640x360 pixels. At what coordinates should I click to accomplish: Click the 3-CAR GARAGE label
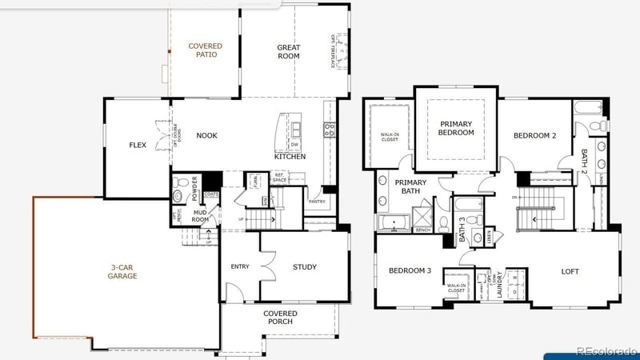[123, 271]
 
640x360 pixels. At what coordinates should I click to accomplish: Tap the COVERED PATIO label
[206, 51]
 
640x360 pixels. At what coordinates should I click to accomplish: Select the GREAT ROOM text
[288, 51]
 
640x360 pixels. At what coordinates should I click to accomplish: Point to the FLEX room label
[137, 146]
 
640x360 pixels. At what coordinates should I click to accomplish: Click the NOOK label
[206, 135]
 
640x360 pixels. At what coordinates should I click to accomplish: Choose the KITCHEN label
[290, 157]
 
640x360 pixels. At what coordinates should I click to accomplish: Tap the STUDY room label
[304, 267]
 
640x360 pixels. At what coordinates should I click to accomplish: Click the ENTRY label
[239, 267]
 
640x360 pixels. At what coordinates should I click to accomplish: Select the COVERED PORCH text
[280, 318]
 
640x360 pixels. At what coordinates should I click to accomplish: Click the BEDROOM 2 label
[534, 136]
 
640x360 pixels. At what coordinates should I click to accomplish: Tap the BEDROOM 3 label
[410, 271]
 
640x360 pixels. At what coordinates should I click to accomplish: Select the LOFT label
[570, 271]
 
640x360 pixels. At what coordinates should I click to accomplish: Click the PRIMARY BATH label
[410, 186]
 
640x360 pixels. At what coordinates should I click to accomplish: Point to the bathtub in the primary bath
[394, 222]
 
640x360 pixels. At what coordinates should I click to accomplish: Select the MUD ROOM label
[200, 215]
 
